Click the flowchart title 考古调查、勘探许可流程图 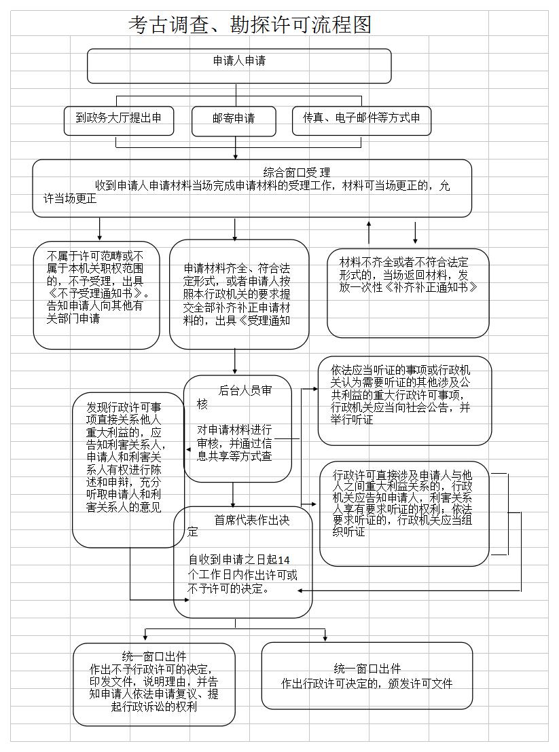[250, 25]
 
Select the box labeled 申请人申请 [239, 65]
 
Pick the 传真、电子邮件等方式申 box [361, 119]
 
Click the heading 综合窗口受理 [297, 172]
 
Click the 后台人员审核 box [238, 428]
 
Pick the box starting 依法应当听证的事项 [404, 400]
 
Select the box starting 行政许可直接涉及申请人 [404, 514]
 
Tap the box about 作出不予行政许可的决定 [154, 683]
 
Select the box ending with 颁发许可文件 [367, 676]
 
